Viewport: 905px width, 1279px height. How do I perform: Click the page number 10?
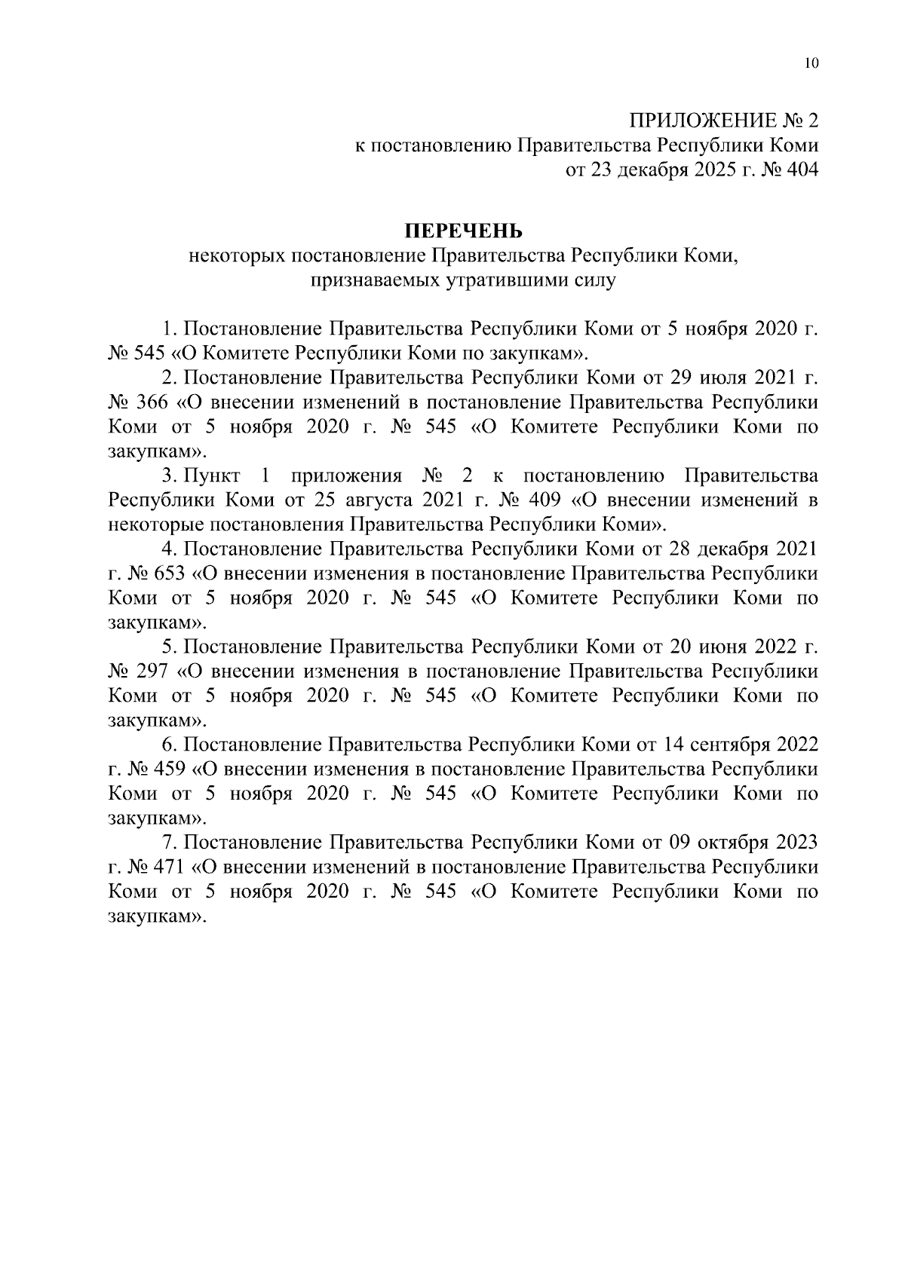(x=811, y=63)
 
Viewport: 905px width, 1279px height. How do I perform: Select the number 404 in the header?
(x=799, y=170)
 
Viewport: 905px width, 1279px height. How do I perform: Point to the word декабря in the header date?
(x=652, y=170)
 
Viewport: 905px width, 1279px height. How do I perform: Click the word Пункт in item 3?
(x=212, y=476)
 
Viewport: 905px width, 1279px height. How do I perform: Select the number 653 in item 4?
(x=169, y=574)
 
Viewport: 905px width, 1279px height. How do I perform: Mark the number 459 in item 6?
(x=169, y=769)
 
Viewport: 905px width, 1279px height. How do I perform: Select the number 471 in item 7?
(x=169, y=867)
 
